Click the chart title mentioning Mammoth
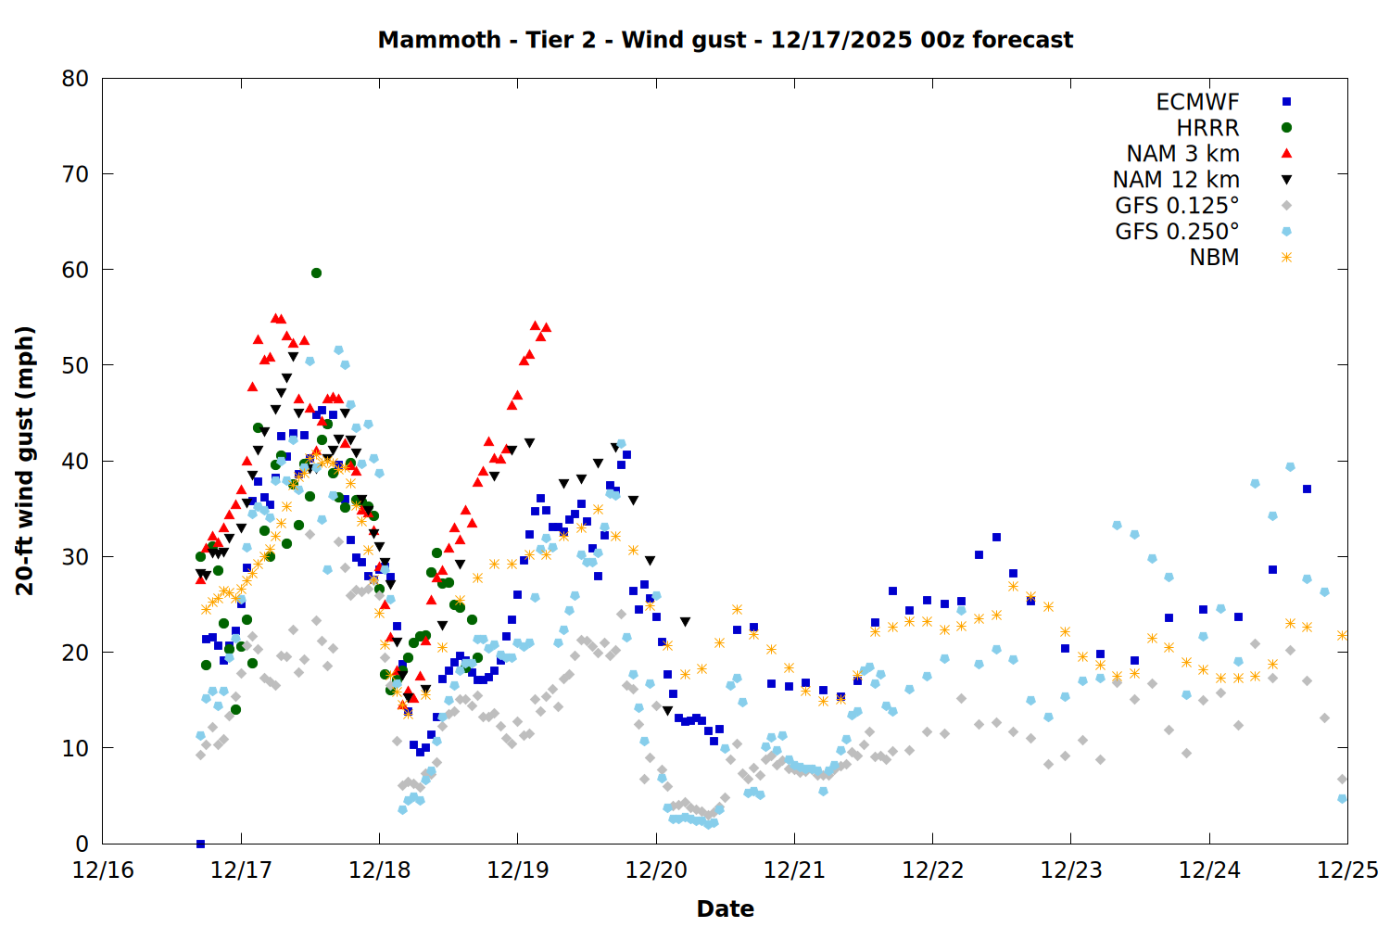[x=725, y=40]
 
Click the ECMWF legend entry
[x=1197, y=102]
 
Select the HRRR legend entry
[x=1207, y=128]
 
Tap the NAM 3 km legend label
[x=1182, y=154]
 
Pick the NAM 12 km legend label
[x=1176, y=180]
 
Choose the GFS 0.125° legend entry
[x=1177, y=206]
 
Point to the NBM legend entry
[x=1214, y=258]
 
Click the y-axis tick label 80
[x=75, y=79]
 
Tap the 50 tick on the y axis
[x=75, y=365]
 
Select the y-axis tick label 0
[x=82, y=844]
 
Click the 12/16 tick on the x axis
[x=103, y=870]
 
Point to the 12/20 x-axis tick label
[x=656, y=870]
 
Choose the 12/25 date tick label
[x=1347, y=870]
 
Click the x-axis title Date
[x=725, y=908]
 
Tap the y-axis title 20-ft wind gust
[x=25, y=461]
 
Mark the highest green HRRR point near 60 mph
[x=316, y=273]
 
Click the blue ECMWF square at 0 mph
[x=200, y=844]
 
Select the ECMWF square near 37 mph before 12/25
[x=1307, y=489]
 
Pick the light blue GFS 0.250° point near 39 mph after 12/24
[x=1290, y=466]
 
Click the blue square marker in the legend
[x=1286, y=102]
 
